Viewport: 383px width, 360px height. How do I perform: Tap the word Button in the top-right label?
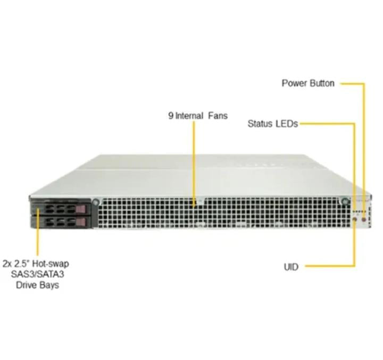pyautogui.click(x=322, y=83)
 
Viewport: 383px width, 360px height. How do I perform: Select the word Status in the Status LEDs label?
pyautogui.click(x=260, y=124)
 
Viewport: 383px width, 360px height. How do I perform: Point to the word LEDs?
pyautogui.click(x=287, y=124)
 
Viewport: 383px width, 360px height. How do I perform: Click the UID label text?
pyautogui.click(x=291, y=267)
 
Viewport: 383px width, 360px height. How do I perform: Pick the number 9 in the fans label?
pyautogui.click(x=171, y=116)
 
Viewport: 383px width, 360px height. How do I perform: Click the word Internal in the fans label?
pyautogui.click(x=189, y=116)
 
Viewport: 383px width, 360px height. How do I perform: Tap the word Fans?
pyautogui.click(x=218, y=116)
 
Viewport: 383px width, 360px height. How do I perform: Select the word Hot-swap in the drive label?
pyautogui.click(x=51, y=264)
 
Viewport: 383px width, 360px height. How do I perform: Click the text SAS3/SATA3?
pyautogui.click(x=37, y=274)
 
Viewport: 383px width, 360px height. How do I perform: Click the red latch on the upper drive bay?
pyautogui.click(x=81, y=209)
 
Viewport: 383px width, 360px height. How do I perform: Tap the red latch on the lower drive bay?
pyautogui.click(x=81, y=222)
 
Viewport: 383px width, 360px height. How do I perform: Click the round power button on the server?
pyautogui.click(x=364, y=219)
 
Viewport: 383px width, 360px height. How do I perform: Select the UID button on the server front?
pyautogui.click(x=355, y=220)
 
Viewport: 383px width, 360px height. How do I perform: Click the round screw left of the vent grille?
pyautogui.click(x=96, y=202)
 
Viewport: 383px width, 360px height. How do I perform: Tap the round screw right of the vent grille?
pyautogui.click(x=345, y=201)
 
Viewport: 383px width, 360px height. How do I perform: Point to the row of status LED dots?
pyautogui.click(x=360, y=211)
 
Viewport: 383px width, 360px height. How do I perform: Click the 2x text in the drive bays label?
pyautogui.click(x=7, y=264)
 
